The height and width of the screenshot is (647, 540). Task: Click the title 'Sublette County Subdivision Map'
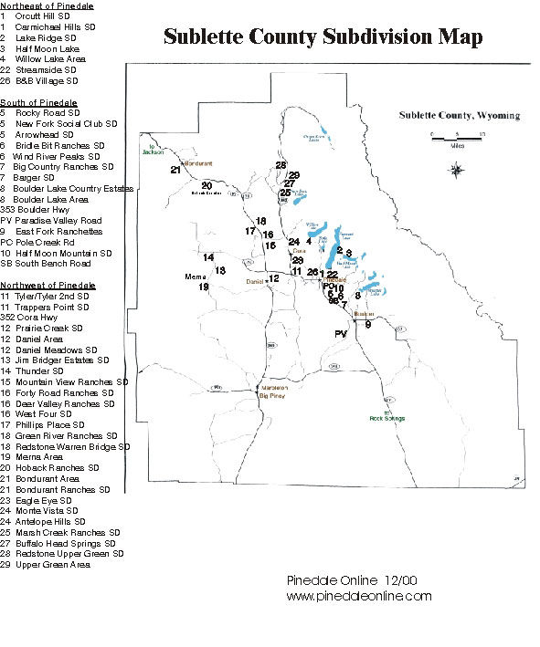pos(323,37)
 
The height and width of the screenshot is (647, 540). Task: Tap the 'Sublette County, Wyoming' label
pos(459,116)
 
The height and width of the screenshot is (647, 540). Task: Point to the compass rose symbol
pos(456,168)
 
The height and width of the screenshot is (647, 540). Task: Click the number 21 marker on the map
pos(175,169)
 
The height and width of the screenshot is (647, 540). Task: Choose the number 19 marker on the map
pos(204,287)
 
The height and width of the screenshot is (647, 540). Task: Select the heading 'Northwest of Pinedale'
pos(40,285)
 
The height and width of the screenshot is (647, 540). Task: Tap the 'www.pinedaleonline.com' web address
pos(358,595)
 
